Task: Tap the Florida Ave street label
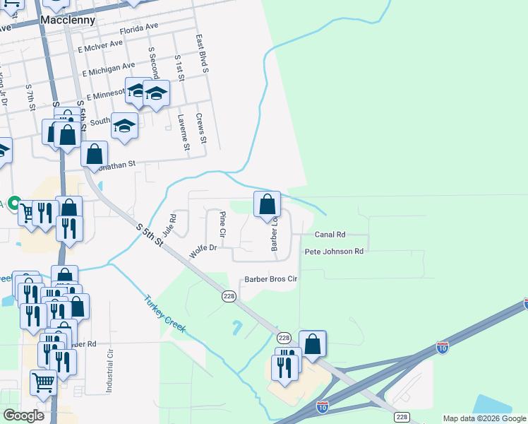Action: tap(139, 29)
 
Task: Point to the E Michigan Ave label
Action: tap(108, 69)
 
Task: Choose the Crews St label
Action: tap(200, 129)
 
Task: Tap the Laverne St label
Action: tap(183, 133)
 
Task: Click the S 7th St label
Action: tap(30, 97)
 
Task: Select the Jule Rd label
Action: tap(168, 225)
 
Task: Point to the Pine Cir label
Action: tap(222, 223)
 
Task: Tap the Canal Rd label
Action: tap(330, 234)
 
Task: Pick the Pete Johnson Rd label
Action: tap(334, 252)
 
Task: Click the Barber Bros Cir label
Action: tap(272, 279)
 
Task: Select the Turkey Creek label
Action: tap(164, 314)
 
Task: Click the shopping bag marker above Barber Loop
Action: tap(267, 205)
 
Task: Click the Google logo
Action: tap(23, 416)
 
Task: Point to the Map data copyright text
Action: tap(484, 418)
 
